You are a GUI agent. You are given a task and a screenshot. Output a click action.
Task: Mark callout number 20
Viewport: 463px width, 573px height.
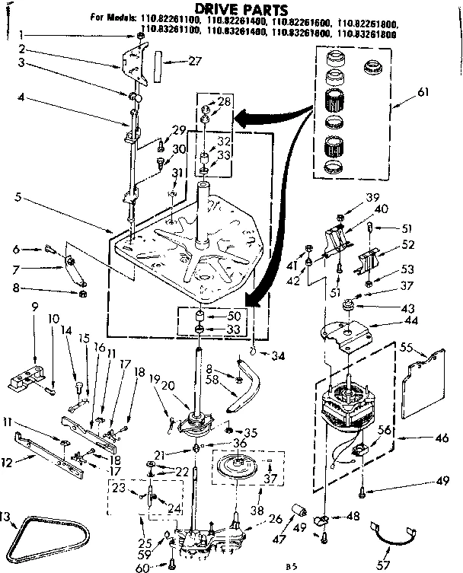[170, 386]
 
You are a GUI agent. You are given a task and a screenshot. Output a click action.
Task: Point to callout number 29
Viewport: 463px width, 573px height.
[180, 130]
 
